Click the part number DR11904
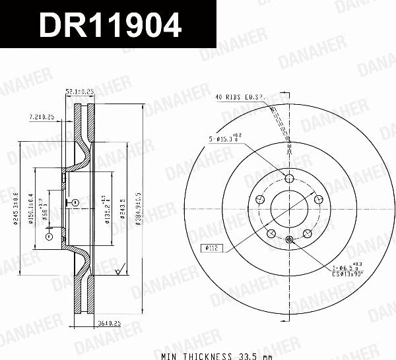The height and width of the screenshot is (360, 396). [x=110, y=26]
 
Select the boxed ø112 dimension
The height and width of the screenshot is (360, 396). [x=211, y=249]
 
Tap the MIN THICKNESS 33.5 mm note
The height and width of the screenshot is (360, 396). [x=197, y=355]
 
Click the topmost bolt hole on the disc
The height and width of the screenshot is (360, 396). [x=289, y=177]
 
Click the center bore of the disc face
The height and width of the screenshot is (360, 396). [x=289, y=208]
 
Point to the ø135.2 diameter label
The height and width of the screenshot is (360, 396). [x=106, y=210]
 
